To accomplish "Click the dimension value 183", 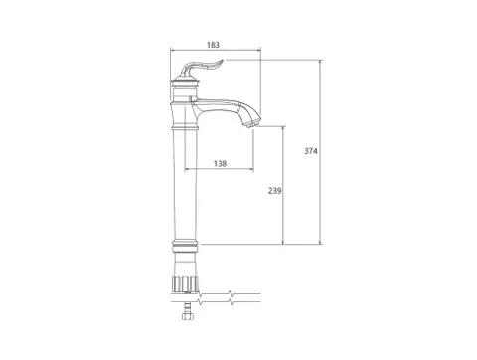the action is point(213,45).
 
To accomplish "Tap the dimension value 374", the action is point(311,151).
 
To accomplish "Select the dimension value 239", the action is point(275,191).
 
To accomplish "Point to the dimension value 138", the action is point(220,163).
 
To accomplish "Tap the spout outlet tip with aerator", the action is point(252,124).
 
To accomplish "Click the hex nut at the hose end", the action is point(187,316).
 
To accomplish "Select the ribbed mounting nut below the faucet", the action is point(186,283).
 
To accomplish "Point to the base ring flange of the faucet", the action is point(185,246).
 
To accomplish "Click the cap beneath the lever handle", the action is point(186,80).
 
